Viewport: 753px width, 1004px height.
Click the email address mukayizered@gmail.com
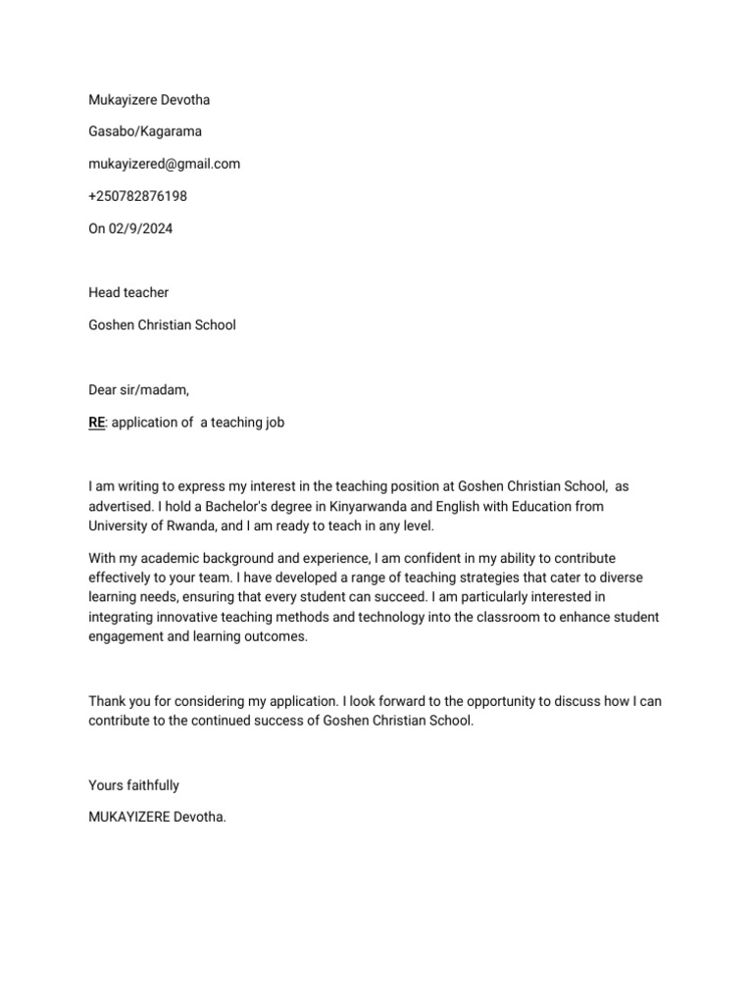tap(164, 164)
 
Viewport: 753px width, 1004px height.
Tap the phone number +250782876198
tap(137, 196)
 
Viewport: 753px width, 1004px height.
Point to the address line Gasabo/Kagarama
tap(146, 131)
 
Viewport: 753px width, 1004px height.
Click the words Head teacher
tap(128, 292)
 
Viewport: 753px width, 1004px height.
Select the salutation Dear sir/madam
tap(138, 390)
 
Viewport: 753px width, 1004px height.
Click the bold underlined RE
tap(96, 423)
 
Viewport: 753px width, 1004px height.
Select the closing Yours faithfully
tap(134, 785)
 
